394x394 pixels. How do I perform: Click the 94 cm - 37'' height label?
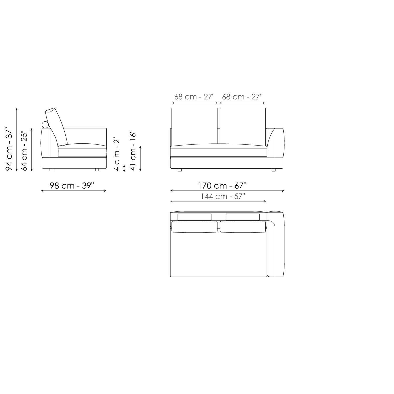9,149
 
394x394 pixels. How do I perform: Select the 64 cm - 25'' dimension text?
24,151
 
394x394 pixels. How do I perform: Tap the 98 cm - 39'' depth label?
72,185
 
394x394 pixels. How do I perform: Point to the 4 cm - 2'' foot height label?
117,154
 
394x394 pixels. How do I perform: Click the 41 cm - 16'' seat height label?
133,151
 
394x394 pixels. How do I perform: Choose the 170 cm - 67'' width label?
222,185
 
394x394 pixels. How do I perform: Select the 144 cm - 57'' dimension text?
223,196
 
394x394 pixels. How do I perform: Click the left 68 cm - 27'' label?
194,97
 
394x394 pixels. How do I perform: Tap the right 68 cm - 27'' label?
242,97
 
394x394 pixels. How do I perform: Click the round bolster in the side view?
45,125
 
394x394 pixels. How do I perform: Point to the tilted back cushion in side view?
56,126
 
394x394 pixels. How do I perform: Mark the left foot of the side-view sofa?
51,170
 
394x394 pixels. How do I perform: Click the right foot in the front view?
273,170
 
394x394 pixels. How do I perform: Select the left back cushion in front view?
194,126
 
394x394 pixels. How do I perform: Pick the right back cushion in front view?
242,126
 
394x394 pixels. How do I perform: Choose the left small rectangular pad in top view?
194,217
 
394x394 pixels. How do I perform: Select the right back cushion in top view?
242,227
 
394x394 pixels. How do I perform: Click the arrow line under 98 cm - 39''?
74,191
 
